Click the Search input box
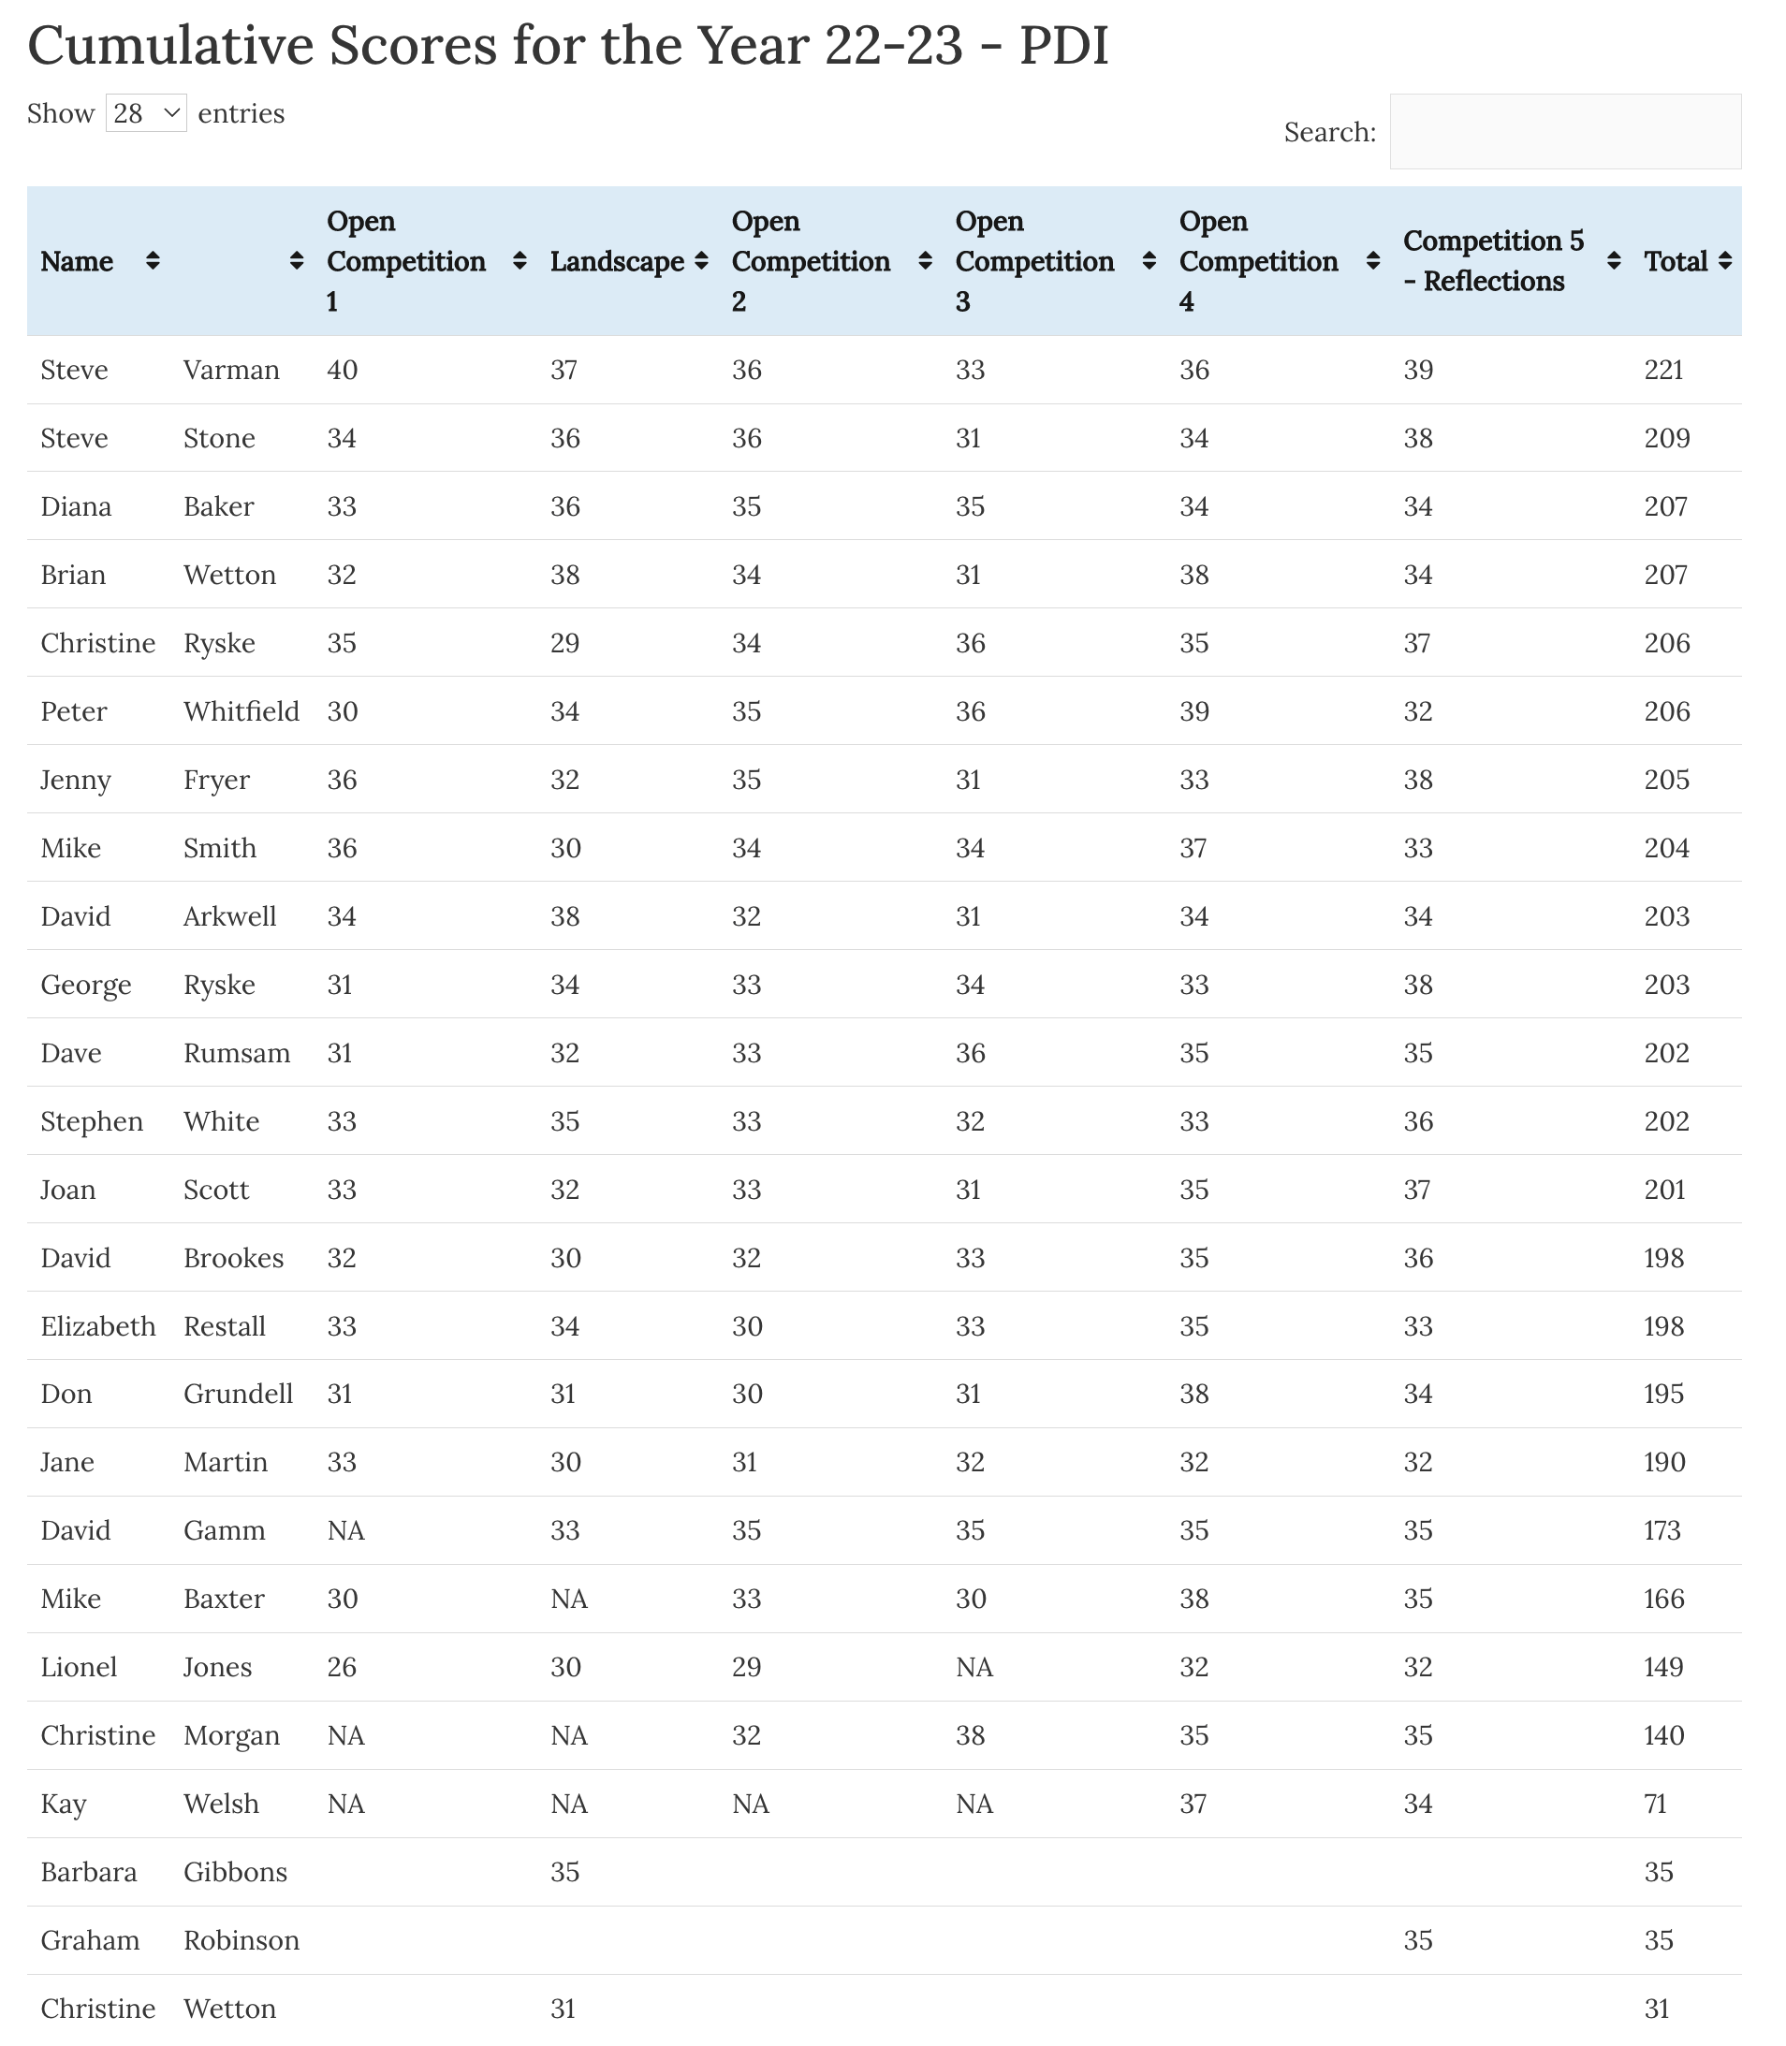tap(1565, 132)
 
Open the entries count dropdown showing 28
tap(145, 113)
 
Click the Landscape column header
tap(617, 261)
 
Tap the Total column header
tap(1676, 261)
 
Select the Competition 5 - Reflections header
tap(1493, 261)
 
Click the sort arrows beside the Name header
tap(153, 261)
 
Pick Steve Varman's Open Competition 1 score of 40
tap(342, 370)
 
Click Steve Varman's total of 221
tap(1663, 370)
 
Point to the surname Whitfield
tap(242, 711)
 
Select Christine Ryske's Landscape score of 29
tap(564, 643)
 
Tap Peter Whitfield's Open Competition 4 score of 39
tap(1194, 711)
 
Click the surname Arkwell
tap(229, 916)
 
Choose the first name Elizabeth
tap(97, 1326)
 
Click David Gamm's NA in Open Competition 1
tap(345, 1531)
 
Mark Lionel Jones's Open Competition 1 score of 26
tap(342, 1667)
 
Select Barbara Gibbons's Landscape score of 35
tap(564, 1873)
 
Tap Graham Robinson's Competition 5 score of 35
tap(1417, 1940)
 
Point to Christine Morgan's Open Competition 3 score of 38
tap(970, 1735)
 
